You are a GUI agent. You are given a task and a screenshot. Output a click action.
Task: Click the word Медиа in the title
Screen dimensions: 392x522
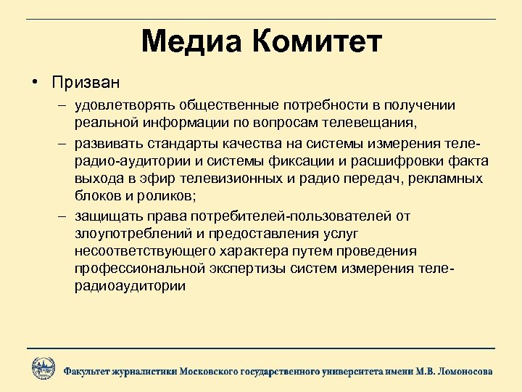(x=192, y=42)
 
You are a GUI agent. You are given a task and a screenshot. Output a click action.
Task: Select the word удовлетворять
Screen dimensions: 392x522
(x=120, y=105)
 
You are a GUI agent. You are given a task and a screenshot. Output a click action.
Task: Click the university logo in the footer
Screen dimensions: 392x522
(x=43, y=368)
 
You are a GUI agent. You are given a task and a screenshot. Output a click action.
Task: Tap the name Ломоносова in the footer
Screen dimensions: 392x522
(x=462, y=371)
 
